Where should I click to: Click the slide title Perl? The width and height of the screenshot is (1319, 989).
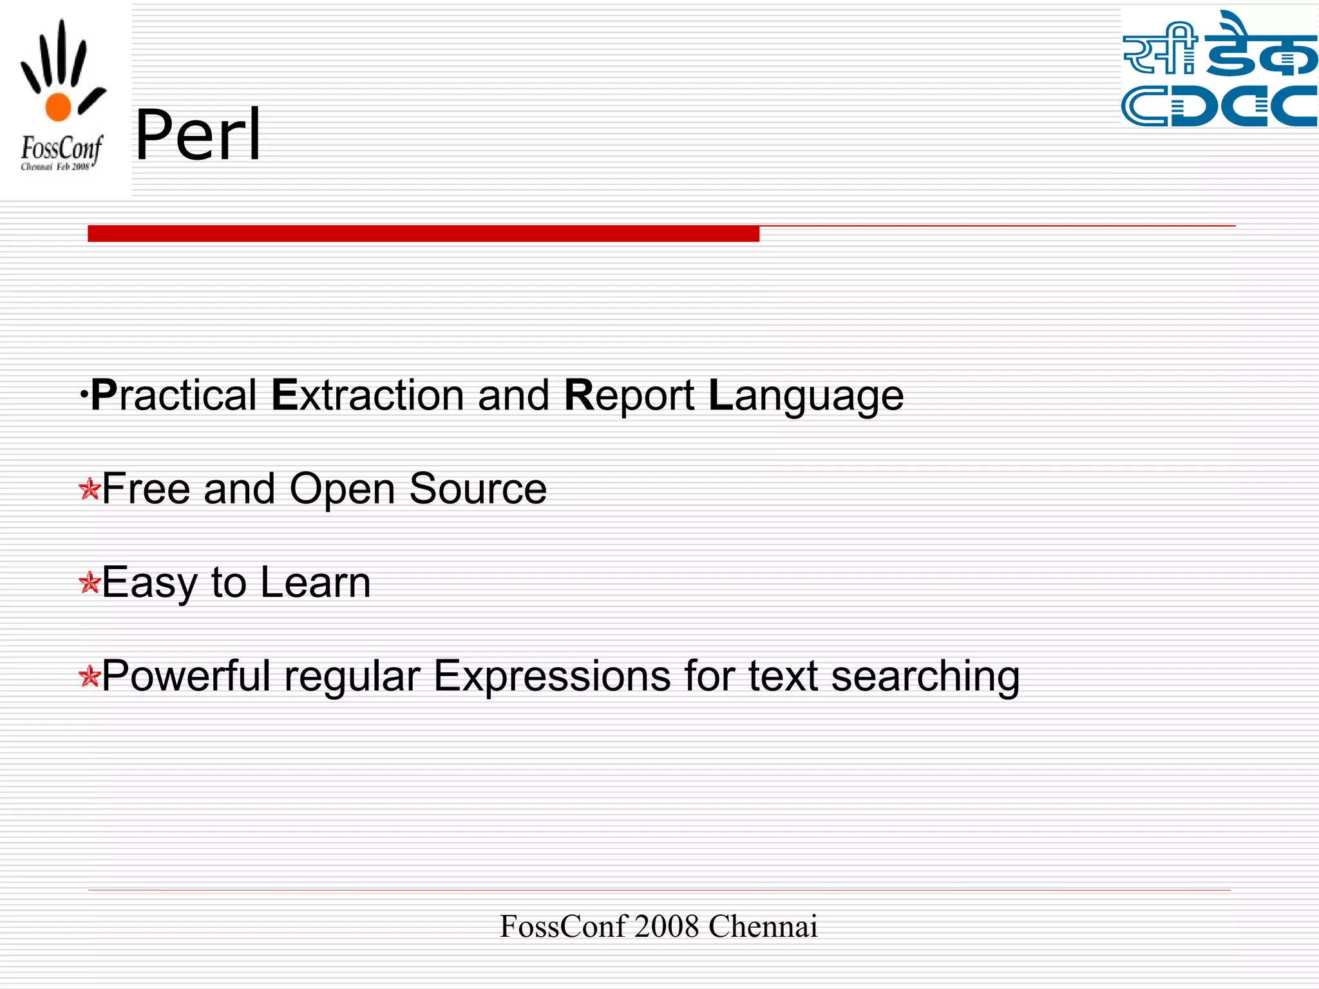198,135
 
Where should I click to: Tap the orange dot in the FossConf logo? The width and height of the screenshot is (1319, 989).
58,107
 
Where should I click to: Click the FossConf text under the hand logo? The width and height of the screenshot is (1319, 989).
61,149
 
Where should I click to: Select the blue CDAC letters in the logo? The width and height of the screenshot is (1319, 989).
1219,106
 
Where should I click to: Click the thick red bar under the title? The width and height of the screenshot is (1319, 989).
423,234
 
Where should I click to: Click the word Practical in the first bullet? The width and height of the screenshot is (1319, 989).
174,395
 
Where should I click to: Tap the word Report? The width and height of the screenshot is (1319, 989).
629,395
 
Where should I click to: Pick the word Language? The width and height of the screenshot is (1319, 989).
806,395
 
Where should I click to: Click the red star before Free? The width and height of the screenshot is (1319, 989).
89,489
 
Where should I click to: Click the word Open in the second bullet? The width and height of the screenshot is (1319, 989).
341,489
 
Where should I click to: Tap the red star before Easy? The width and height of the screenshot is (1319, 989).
89,583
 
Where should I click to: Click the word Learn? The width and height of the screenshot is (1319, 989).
316,582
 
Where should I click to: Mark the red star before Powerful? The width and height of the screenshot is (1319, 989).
89,677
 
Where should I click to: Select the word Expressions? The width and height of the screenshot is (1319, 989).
551,676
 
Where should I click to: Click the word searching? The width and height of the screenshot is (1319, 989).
925,676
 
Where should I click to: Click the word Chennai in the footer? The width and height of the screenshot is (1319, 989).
763,927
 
